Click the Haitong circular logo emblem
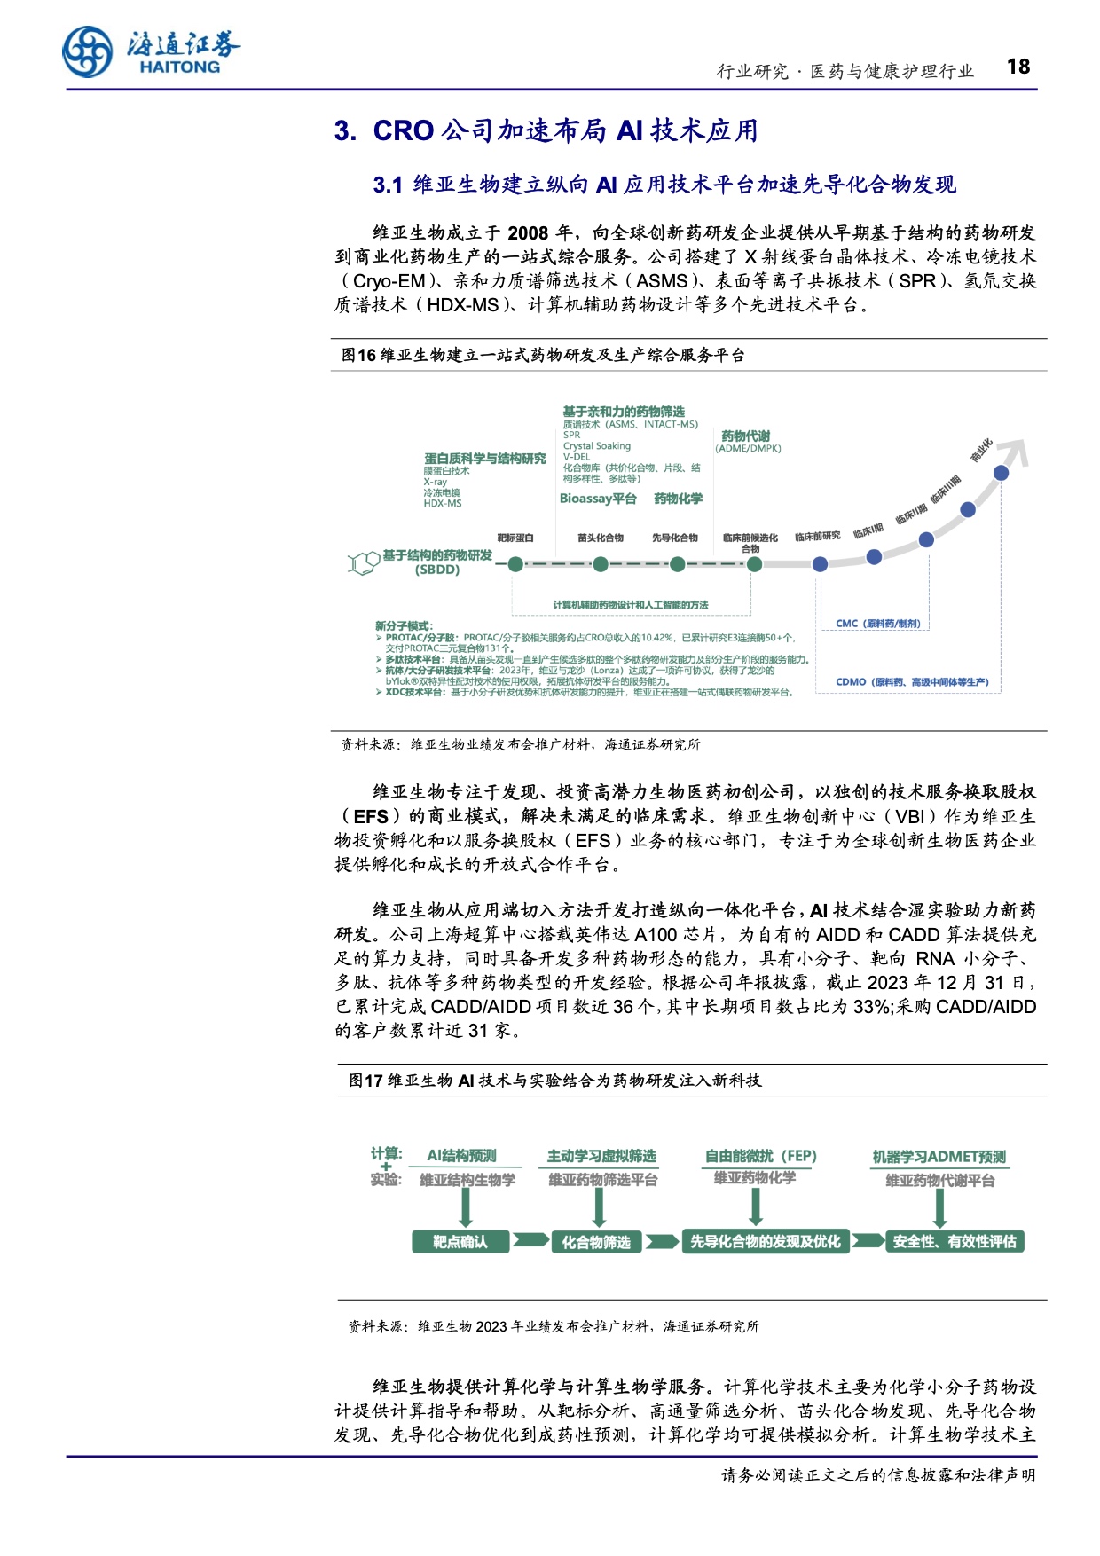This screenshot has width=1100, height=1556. [88, 51]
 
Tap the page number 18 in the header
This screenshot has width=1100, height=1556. [1018, 67]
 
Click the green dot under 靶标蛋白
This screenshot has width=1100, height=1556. [515, 564]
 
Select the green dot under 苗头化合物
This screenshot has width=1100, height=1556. [601, 564]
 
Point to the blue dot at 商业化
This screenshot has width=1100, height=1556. [1001, 473]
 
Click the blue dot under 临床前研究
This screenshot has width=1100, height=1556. [820, 564]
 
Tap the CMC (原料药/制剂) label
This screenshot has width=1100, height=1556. [878, 624]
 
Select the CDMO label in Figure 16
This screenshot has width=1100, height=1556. [912, 682]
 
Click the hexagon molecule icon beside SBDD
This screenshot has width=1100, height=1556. [363, 563]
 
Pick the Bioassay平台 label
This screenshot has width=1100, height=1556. [598, 499]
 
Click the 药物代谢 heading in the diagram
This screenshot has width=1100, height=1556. [745, 436]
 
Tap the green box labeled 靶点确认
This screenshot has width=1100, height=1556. [460, 1242]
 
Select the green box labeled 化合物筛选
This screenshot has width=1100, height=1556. [596, 1242]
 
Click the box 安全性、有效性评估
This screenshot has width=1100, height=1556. [955, 1242]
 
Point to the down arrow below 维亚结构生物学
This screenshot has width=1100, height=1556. [466, 1208]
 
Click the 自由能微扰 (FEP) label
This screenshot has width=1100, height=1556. [760, 1156]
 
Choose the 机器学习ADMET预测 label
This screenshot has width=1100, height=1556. [939, 1157]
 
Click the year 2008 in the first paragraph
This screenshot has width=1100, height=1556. [528, 233]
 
